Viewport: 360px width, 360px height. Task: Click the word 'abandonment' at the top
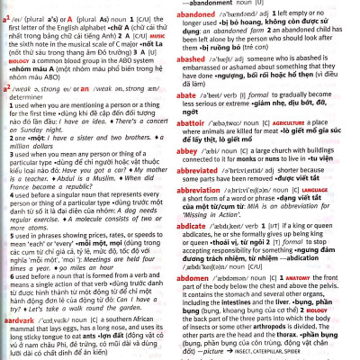[x=256, y=3]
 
